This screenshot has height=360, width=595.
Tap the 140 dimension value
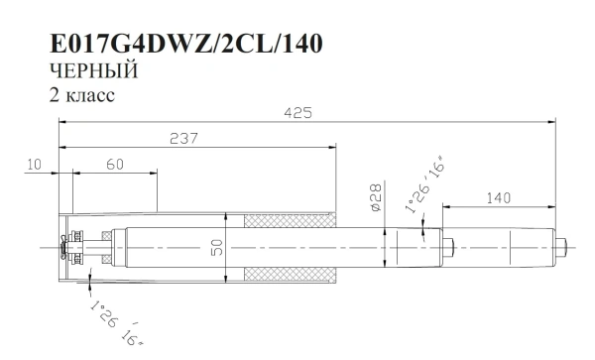click(x=498, y=198)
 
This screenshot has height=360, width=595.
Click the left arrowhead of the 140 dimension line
click(x=445, y=206)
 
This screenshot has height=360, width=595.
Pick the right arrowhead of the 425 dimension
click(x=552, y=122)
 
